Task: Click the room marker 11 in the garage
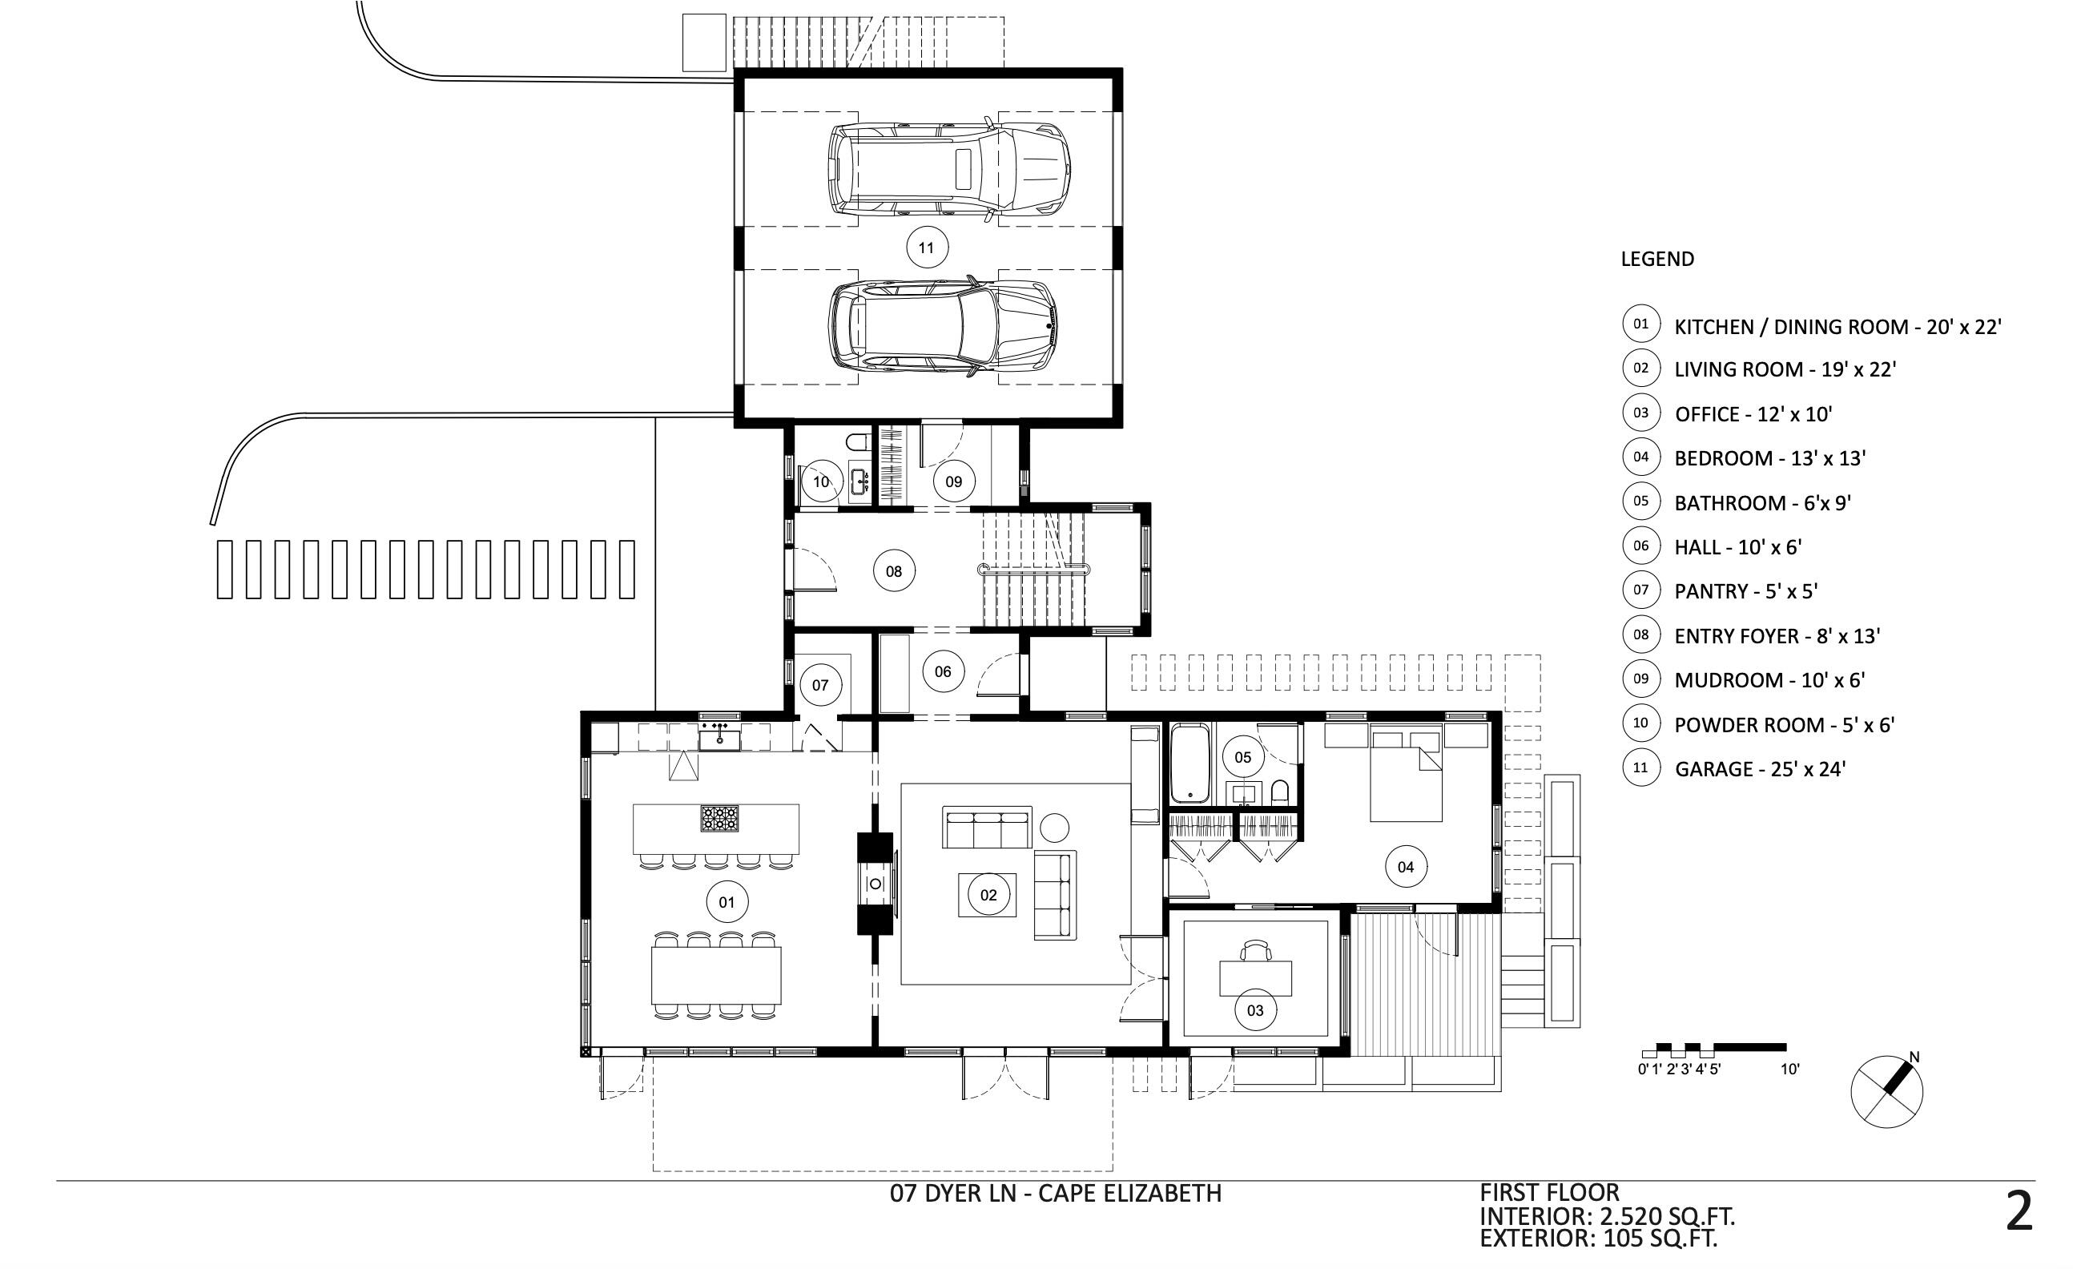tap(926, 248)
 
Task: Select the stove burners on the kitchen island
tap(720, 818)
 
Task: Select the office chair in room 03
tap(1256, 950)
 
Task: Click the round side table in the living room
tap(1054, 828)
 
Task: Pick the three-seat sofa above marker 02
tap(987, 828)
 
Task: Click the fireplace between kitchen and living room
tap(875, 884)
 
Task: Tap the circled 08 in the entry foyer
tap(893, 571)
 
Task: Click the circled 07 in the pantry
tap(820, 685)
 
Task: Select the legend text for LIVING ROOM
tap(1785, 369)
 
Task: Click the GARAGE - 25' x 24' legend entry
tap(1759, 769)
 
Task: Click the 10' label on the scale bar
tap(1789, 1070)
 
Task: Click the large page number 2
tap(2019, 1213)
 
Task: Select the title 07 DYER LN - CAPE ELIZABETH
tap(1055, 1193)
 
